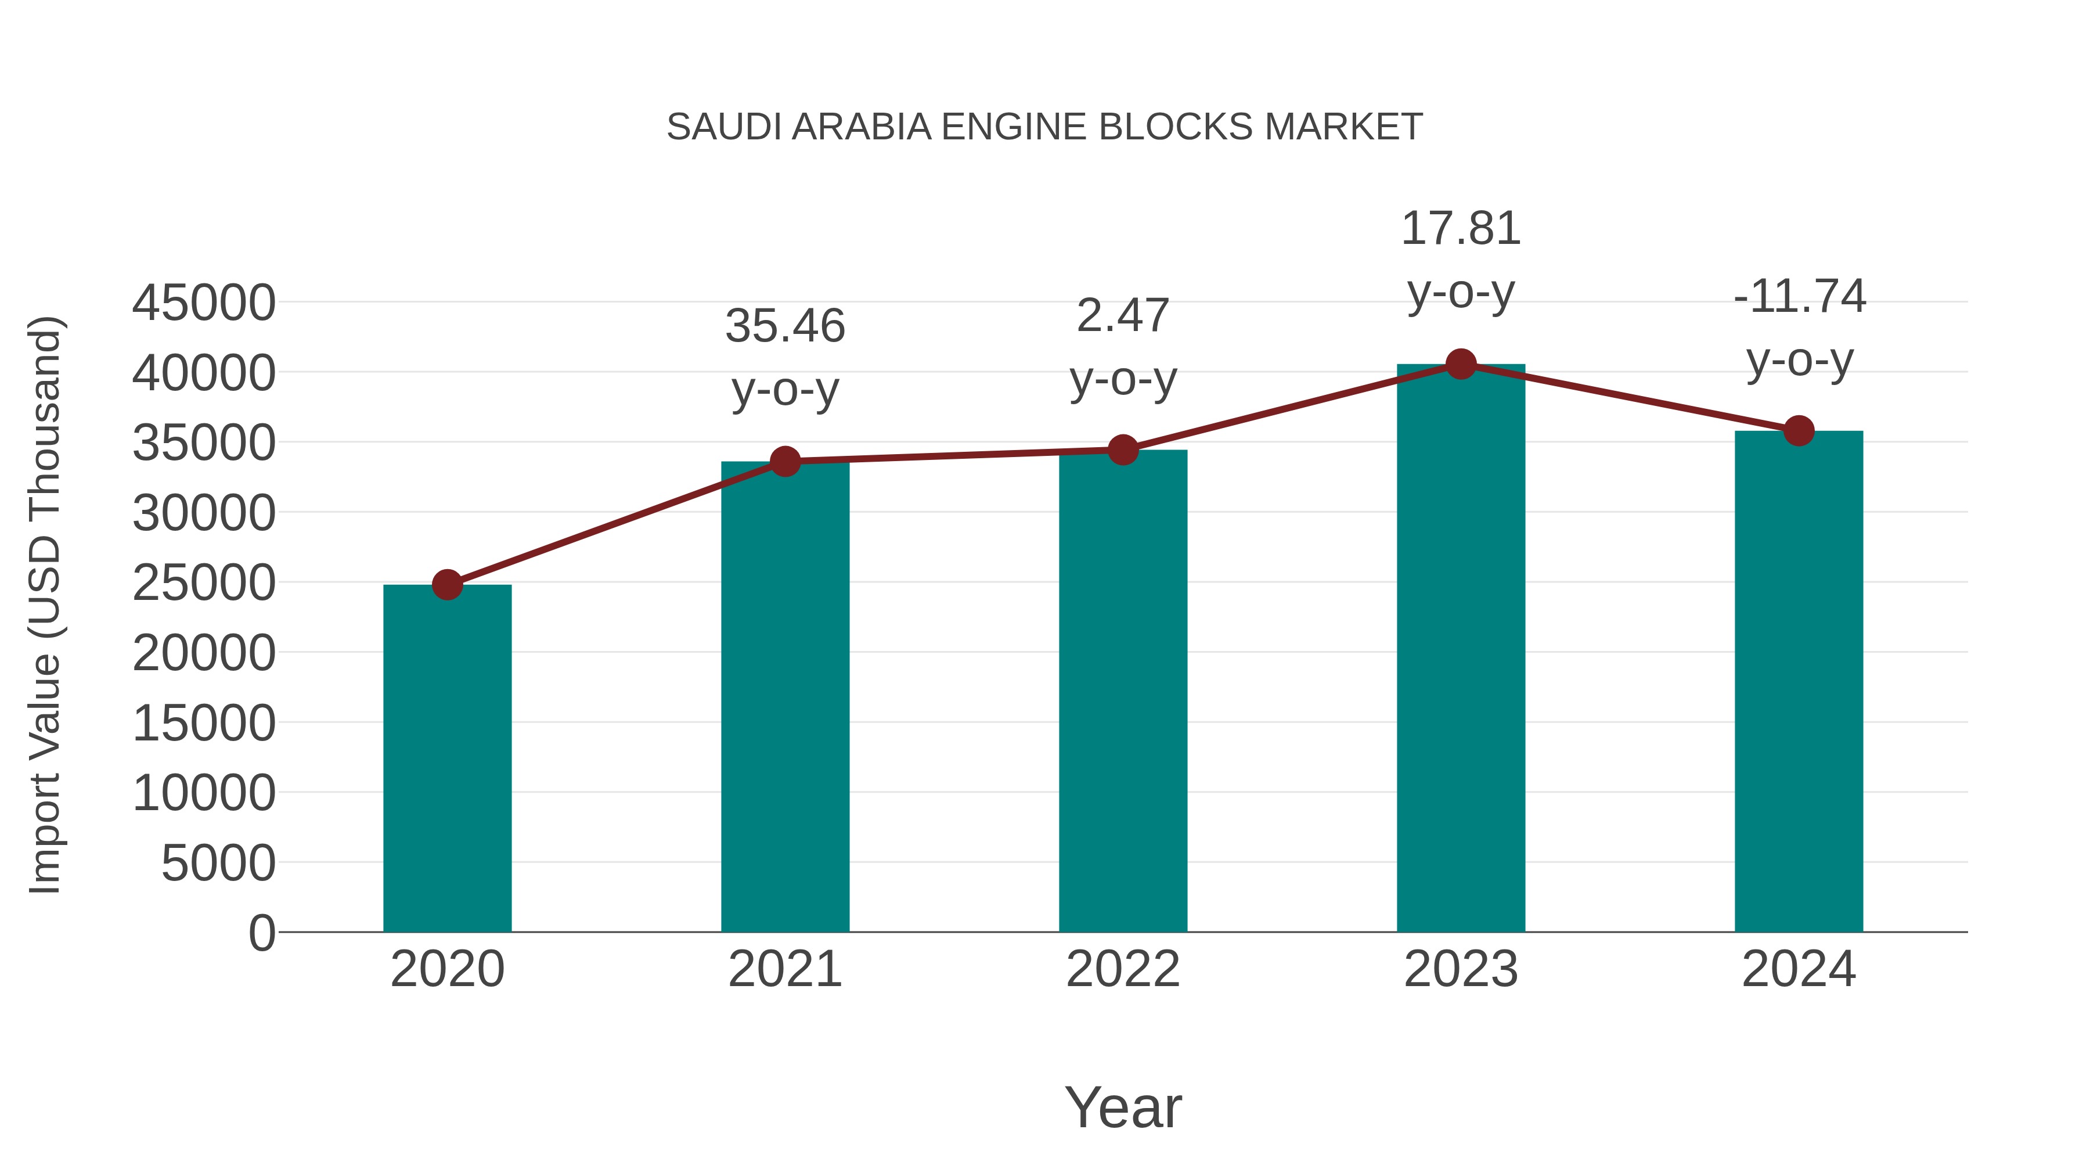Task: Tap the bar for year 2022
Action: tap(1123, 691)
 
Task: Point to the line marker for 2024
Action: tap(1799, 431)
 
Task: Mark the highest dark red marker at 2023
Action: tap(1461, 364)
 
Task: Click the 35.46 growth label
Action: tap(784, 326)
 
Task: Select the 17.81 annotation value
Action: tap(1461, 229)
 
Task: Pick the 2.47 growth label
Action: tap(1123, 316)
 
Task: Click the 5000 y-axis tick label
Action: tap(218, 863)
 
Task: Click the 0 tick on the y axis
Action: tap(261, 933)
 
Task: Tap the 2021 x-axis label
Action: tap(784, 969)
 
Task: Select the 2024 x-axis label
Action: tap(1799, 969)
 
